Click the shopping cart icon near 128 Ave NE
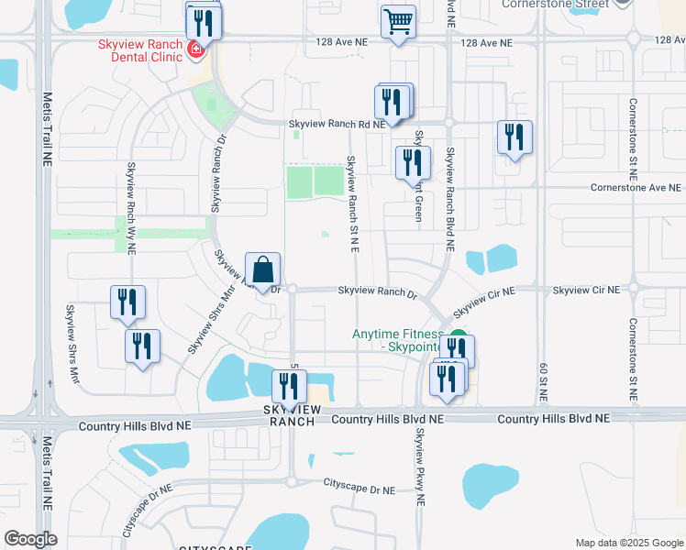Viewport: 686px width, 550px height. (398, 22)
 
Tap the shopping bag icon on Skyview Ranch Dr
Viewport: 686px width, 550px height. (262, 270)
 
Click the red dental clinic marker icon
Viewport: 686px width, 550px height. (194, 49)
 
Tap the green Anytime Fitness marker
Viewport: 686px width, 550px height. (458, 337)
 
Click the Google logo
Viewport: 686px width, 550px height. (30, 539)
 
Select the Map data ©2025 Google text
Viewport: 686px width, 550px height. (628, 543)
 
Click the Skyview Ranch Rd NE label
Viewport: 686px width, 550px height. (337, 124)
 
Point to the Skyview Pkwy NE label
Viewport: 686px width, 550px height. (421, 467)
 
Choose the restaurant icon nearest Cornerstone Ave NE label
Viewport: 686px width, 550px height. (514, 138)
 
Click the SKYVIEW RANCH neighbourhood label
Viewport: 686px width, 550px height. (289, 414)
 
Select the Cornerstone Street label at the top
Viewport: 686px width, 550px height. (555, 5)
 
